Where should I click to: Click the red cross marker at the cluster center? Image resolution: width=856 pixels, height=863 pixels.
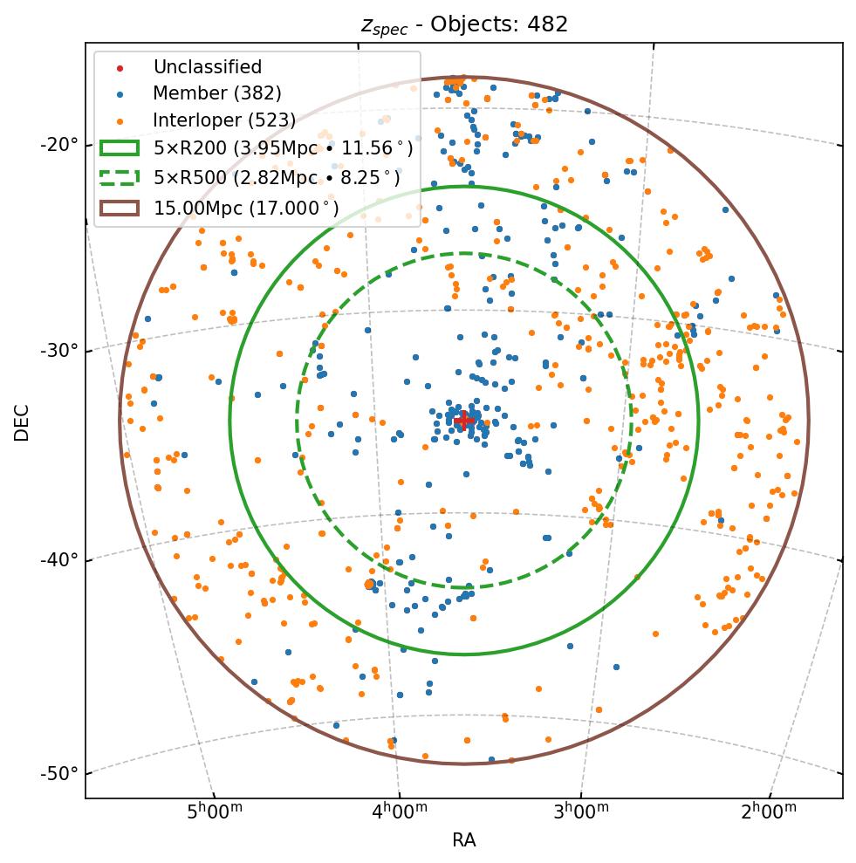coord(464,421)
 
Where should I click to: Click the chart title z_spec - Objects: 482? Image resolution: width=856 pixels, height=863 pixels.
coord(464,24)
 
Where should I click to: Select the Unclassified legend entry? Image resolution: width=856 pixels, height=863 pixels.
coord(207,67)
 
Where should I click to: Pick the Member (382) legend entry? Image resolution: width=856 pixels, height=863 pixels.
coord(216,93)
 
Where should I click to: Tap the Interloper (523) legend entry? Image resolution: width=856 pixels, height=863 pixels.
coord(224,120)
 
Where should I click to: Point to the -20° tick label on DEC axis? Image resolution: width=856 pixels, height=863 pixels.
coord(59,144)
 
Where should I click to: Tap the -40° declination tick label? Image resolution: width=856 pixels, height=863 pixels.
coord(59,558)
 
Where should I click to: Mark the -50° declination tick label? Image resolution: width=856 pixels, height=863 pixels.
coord(59,773)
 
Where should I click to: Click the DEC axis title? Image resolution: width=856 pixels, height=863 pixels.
coord(22,421)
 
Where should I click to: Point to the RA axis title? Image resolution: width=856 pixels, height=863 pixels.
coord(464,840)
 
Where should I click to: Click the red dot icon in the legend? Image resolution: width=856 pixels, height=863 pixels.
coord(120,68)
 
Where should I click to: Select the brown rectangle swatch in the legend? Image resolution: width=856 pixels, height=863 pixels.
coord(120,208)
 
